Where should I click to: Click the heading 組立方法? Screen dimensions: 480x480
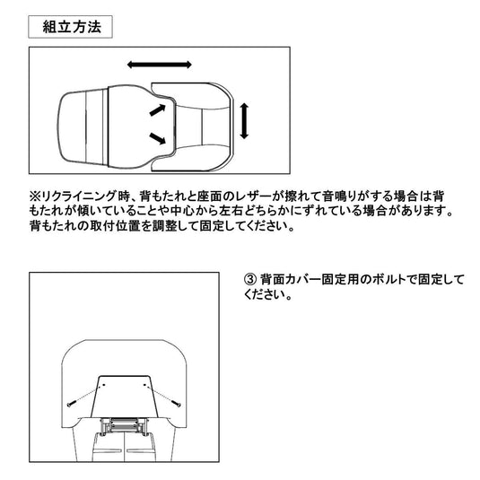[72, 27]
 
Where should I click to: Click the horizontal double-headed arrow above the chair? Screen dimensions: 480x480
[159, 65]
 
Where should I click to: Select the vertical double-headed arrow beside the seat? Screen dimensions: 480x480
[244, 121]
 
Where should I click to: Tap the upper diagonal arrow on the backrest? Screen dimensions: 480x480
[157, 110]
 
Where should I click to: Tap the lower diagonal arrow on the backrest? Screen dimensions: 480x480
[157, 138]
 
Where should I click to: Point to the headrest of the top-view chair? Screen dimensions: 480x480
[83, 128]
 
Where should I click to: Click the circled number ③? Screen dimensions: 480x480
[249, 280]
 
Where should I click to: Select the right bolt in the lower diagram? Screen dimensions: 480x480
[176, 403]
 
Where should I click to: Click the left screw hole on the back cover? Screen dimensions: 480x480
[103, 385]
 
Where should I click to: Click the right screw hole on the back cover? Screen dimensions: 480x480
[144, 385]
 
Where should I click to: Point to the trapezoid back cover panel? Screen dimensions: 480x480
[125, 397]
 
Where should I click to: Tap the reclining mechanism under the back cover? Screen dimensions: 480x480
[124, 426]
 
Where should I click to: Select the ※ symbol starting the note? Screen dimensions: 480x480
[35, 196]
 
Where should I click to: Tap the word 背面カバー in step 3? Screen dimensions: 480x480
[290, 280]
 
